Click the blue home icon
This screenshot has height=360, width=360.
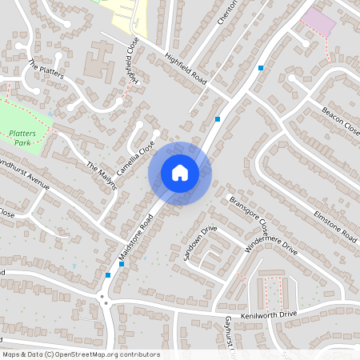(180, 173)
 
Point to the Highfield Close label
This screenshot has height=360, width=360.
(131, 64)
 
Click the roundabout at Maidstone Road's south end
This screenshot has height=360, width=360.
(105, 302)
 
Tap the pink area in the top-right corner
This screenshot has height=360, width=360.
(319, 22)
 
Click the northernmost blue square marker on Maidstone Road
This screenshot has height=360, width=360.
(262, 68)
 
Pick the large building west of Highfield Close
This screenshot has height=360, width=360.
(99, 63)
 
